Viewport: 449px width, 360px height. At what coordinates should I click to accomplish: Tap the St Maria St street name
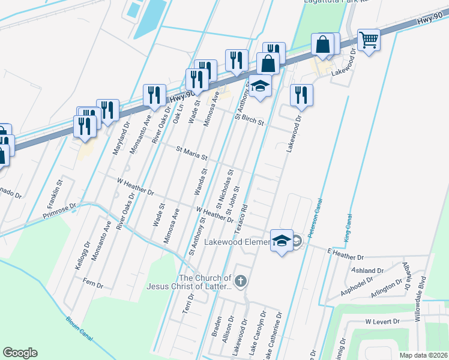click(x=191, y=154)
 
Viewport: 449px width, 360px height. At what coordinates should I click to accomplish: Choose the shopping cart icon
click(x=369, y=40)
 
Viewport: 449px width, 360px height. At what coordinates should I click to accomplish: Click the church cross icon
click(x=240, y=281)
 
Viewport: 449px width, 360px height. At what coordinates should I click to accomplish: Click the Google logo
click(x=20, y=353)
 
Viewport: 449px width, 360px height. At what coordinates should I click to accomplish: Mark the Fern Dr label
click(x=93, y=284)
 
